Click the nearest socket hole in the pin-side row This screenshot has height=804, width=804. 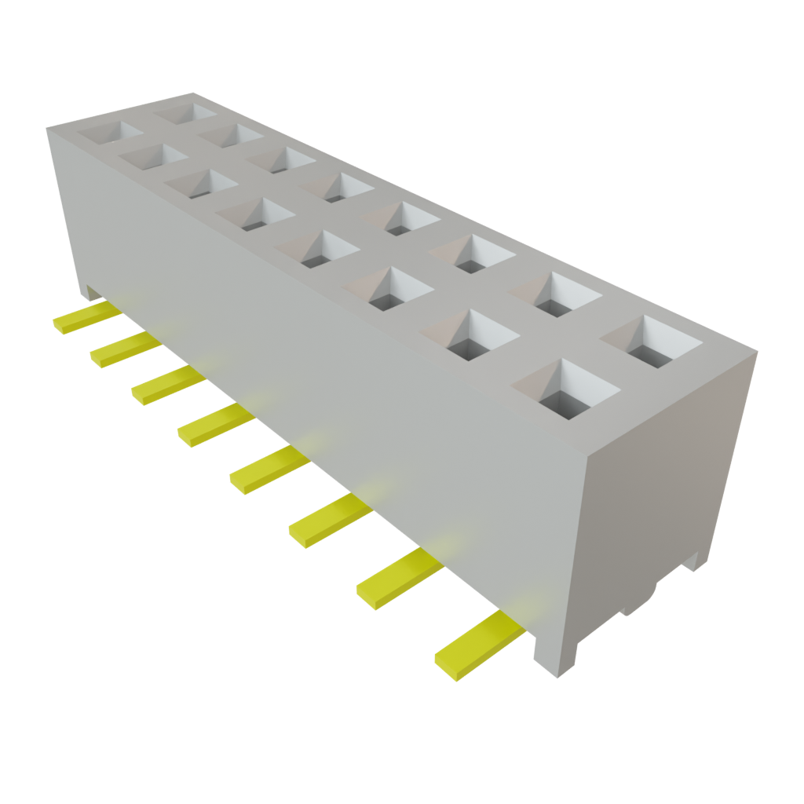[x=565, y=389]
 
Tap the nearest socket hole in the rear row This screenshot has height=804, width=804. [x=651, y=342]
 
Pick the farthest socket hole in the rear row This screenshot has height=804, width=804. [x=185, y=111]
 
